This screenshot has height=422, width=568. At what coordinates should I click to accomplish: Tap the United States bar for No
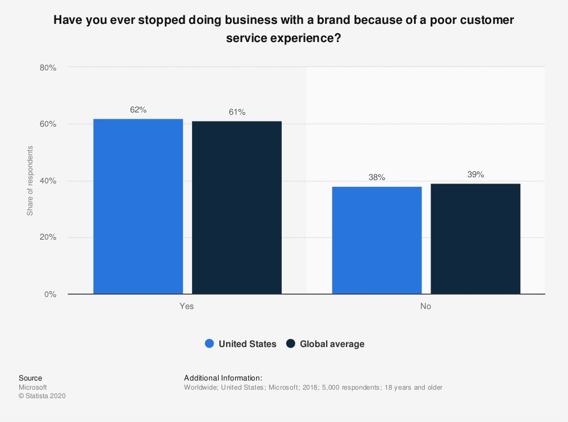click(x=377, y=240)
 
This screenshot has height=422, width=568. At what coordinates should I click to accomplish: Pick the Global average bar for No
click(x=475, y=239)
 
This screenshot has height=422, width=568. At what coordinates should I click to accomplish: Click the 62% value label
click(x=138, y=110)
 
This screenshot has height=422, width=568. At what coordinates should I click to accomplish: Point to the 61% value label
click(x=237, y=112)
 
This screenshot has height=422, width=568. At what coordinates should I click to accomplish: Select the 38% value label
click(x=377, y=178)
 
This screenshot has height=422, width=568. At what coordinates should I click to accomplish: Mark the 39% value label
click(x=475, y=175)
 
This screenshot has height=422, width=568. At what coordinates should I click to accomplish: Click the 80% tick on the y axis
click(x=48, y=68)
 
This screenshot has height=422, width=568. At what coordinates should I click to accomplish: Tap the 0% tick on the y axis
click(x=50, y=294)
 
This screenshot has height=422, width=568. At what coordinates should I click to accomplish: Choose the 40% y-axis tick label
click(x=48, y=181)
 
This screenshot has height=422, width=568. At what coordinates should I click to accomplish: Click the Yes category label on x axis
click(x=187, y=306)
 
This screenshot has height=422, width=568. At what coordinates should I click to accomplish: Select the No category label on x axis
click(x=425, y=306)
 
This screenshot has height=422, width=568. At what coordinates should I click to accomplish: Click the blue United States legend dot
click(x=209, y=344)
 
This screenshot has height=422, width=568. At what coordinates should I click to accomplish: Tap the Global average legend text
click(x=332, y=344)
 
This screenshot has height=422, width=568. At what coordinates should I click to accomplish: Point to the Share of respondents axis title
click(x=30, y=181)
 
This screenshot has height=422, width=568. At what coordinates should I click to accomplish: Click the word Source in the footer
click(x=30, y=378)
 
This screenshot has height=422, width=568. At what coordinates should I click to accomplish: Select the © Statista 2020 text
click(x=42, y=396)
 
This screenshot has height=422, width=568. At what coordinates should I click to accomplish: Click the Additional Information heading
click(x=223, y=378)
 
